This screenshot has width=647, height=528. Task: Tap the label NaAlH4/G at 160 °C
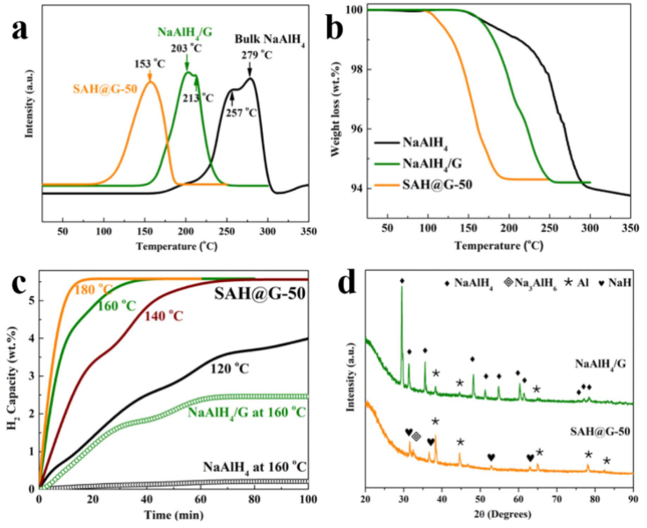242,412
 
